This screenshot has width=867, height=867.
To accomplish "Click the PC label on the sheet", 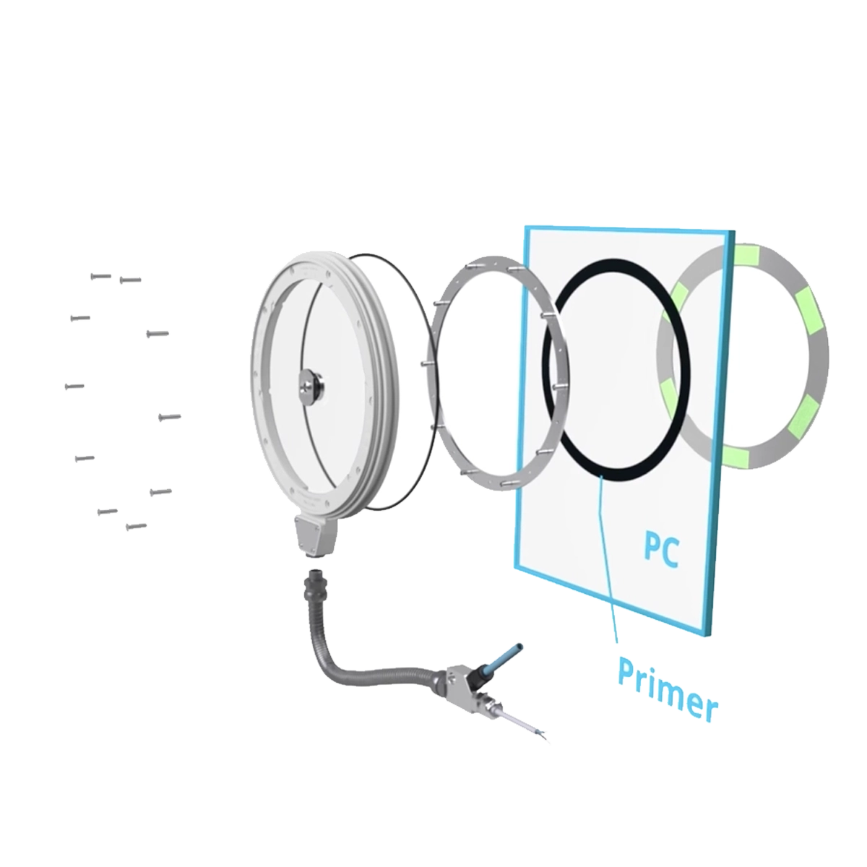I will pos(660,551).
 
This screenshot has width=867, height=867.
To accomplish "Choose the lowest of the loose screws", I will pos(136,526).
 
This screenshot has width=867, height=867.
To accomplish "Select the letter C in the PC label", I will pos(670,552).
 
